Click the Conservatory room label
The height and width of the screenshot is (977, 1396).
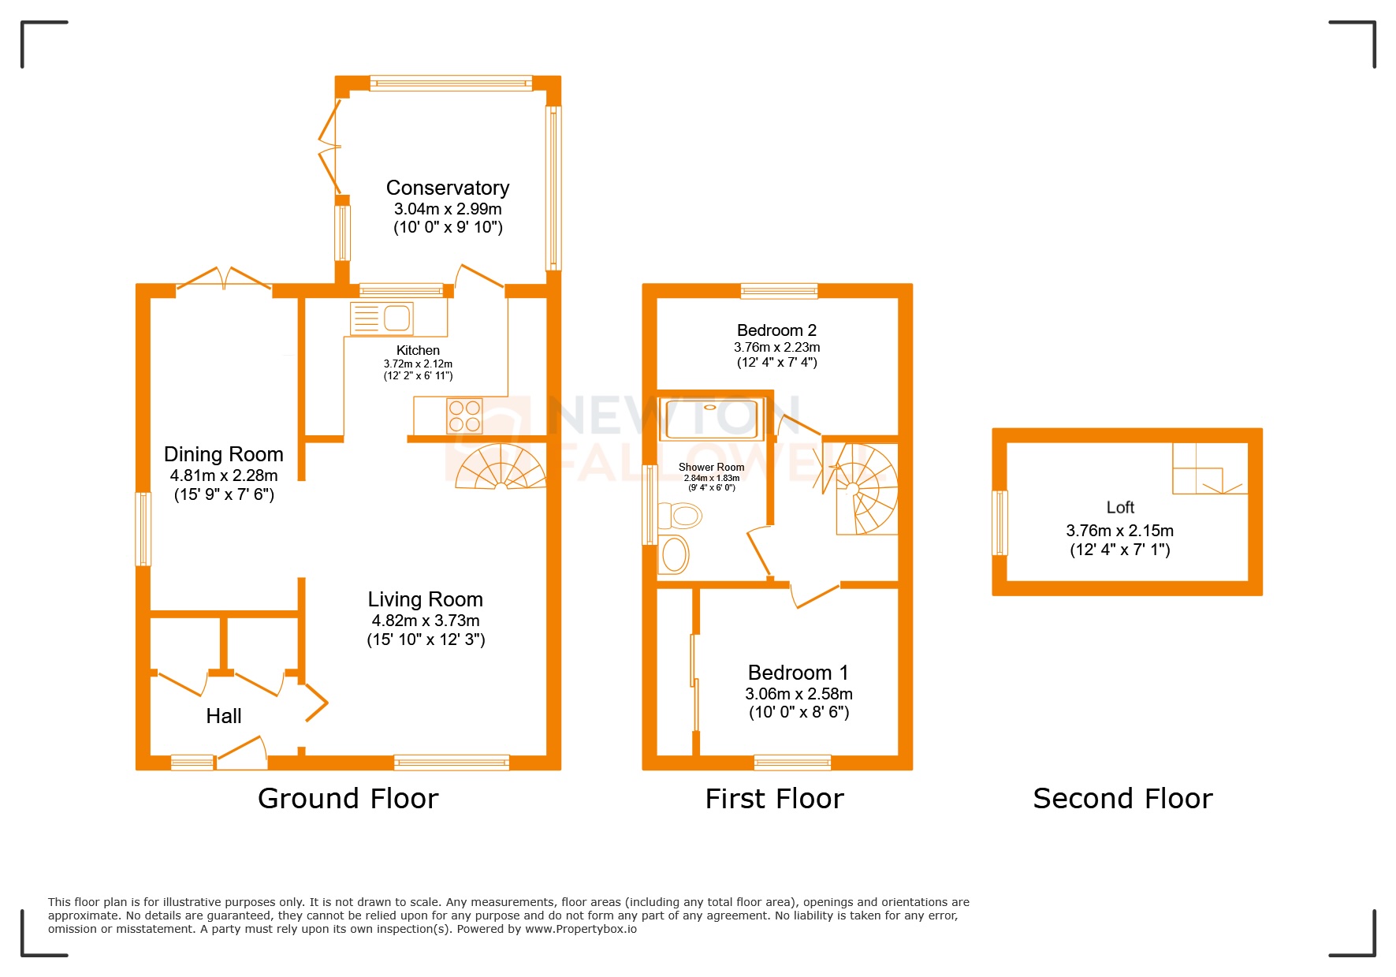(447, 188)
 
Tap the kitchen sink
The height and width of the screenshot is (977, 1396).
(396, 318)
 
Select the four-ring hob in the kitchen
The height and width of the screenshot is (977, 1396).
(464, 416)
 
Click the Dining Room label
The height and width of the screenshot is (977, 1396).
(223, 454)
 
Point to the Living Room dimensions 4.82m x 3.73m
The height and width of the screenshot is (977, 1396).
(426, 621)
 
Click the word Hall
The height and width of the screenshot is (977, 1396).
(223, 716)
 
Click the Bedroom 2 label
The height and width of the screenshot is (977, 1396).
(776, 330)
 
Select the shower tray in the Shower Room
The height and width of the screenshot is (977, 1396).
(711, 419)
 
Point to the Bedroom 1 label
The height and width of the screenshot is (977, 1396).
(798, 673)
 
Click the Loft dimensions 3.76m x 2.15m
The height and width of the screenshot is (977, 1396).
(1119, 531)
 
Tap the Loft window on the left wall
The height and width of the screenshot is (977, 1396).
(1000, 523)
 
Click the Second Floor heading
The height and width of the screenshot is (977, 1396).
(1122, 799)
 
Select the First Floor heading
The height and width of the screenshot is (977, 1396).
(774, 799)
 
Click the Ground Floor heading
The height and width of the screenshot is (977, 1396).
(348, 799)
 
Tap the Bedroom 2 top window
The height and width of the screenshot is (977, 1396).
(779, 291)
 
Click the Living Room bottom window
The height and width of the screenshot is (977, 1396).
(452, 762)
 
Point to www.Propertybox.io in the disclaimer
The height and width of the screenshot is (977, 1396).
(581, 929)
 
